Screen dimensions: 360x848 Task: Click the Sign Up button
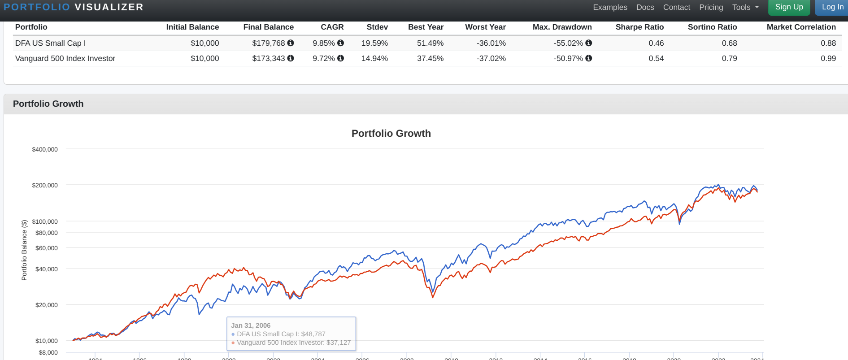789,7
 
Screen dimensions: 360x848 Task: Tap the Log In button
832,7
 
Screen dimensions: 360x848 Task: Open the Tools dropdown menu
745,7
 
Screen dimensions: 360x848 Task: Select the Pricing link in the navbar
711,7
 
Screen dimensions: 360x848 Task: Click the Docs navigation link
645,7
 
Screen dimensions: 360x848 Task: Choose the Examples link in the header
610,7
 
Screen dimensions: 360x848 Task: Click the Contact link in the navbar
676,7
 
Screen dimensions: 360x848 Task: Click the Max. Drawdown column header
562,27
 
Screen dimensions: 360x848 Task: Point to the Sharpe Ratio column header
639,27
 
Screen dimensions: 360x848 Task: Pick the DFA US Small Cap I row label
50,43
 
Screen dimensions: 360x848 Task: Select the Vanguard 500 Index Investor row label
65,58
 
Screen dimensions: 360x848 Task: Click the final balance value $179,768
268,43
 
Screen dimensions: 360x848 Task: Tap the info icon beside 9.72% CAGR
340,58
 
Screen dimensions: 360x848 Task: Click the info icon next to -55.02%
589,43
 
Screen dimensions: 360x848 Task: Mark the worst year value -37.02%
491,58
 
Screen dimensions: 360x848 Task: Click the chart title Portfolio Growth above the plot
391,133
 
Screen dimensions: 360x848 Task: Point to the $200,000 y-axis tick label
45,185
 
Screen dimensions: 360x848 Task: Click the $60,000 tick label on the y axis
47,248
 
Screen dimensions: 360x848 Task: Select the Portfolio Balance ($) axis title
24,250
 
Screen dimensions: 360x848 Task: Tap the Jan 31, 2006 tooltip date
251,325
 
